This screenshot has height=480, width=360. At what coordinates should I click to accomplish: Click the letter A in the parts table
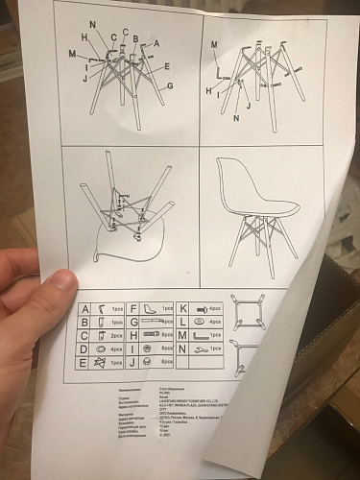coord(86,309)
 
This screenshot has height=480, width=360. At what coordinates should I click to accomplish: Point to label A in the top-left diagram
coord(156,43)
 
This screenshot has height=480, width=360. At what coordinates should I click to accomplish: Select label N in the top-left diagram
coord(93,22)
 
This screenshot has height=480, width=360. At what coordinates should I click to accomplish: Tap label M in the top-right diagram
coord(214,45)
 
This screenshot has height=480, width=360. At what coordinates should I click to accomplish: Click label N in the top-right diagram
coord(237,116)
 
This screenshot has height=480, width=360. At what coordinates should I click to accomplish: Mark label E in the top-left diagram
coord(166,66)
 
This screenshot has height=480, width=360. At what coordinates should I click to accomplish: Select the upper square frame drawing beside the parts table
coord(249,311)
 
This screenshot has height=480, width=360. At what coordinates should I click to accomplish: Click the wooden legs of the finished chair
coord(252,240)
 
